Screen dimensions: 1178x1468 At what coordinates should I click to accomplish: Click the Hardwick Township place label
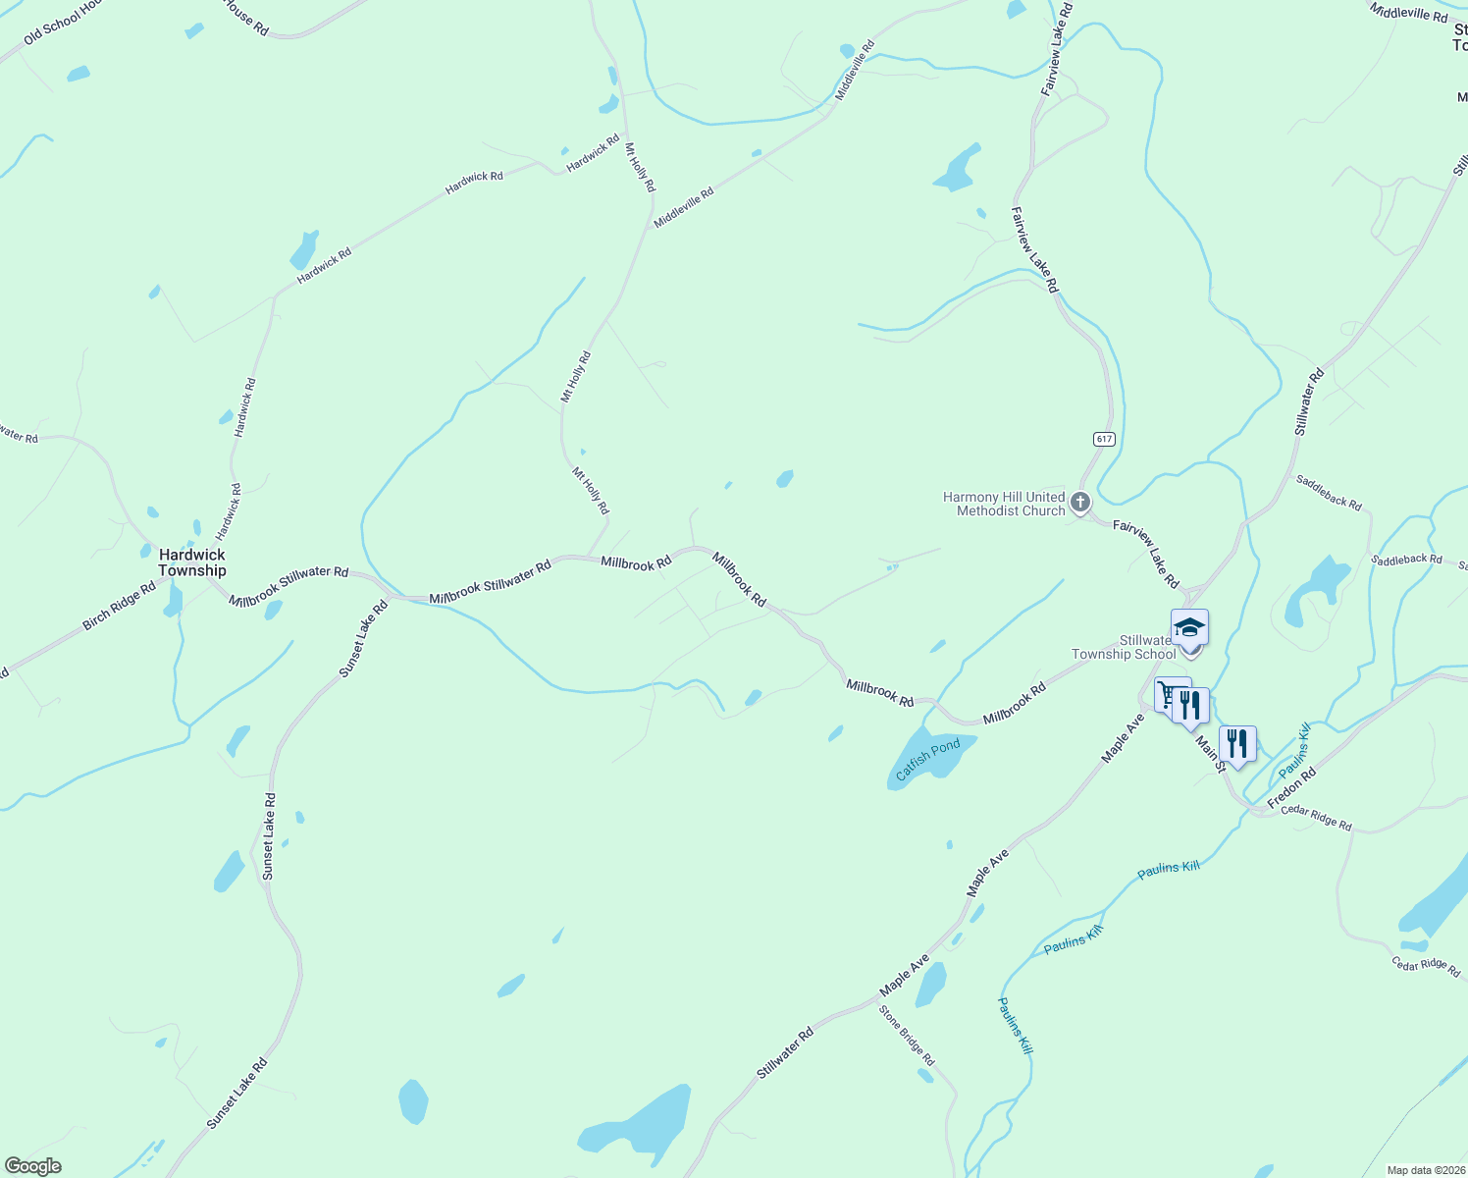pos(192,562)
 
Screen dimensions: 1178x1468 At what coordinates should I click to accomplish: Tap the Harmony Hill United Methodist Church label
pos(1004,504)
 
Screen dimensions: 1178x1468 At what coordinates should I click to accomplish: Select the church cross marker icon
pos(1079,504)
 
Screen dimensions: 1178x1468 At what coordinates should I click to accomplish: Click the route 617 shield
pos(1105,439)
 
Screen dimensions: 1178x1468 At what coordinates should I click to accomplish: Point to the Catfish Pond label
pos(927,760)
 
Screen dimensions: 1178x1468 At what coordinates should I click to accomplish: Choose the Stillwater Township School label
pos(1124,647)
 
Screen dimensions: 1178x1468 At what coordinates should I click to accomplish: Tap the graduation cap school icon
pos(1189,627)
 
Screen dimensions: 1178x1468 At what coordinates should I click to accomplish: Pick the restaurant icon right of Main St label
pos(1237,744)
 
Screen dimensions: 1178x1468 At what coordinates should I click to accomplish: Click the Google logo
pos(32,1166)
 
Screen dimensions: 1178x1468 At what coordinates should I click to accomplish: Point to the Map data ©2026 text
pos(1425,1170)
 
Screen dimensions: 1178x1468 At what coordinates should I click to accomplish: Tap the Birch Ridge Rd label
pos(119,606)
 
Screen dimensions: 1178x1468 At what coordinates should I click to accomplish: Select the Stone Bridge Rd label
pos(907,1036)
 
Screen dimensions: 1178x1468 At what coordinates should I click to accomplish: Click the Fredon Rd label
pos(1291,788)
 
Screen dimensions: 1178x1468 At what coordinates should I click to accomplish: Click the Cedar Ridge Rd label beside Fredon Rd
pos(1316,818)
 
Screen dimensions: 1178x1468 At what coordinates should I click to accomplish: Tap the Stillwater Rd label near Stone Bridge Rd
pos(785,1053)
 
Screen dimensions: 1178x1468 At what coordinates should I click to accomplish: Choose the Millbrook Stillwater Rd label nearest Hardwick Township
pos(288,585)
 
